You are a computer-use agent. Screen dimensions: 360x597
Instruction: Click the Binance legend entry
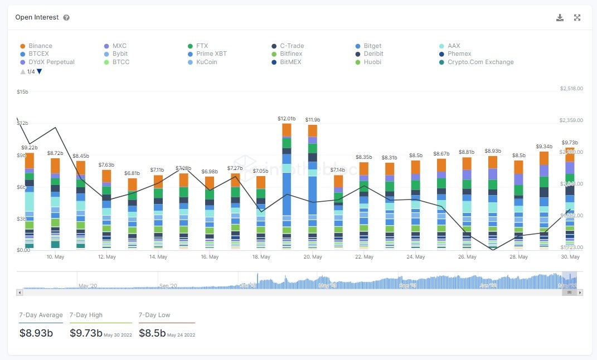tap(40, 46)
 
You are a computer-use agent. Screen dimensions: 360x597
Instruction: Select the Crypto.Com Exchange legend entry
tap(480, 62)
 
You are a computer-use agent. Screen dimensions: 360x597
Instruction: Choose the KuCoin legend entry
tap(206, 62)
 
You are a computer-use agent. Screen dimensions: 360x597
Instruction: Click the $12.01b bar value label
tap(287, 119)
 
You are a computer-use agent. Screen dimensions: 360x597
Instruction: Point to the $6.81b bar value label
tap(132, 173)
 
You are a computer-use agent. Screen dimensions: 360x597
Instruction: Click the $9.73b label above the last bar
tap(569, 143)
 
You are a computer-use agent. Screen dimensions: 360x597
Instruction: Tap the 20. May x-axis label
tap(313, 257)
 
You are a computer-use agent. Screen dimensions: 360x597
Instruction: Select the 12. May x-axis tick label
tap(106, 257)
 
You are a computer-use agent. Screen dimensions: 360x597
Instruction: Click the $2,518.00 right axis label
tap(571, 89)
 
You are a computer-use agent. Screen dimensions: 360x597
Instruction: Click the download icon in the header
tap(560, 17)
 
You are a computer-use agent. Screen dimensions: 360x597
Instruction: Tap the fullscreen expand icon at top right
tap(577, 17)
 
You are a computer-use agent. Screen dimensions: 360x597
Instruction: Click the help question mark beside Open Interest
tap(66, 18)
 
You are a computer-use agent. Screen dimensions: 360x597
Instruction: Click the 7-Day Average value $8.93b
tap(36, 333)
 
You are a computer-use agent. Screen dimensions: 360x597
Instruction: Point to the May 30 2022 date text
tap(118, 335)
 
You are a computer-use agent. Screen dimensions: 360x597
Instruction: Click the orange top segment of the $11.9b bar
tap(312, 130)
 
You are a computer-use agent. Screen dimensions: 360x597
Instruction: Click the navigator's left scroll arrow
tap(20, 292)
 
